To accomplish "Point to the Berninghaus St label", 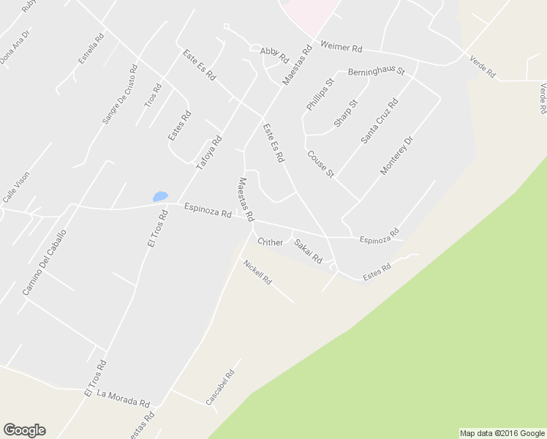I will (376, 72).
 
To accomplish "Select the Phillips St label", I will (320, 94).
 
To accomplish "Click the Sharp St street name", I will (346, 113).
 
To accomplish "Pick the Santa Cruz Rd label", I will (379, 121).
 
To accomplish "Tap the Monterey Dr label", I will (397, 154).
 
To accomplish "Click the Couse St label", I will (320, 164).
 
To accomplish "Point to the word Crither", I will (270, 242).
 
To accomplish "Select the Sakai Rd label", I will (308, 250).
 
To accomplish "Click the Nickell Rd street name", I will (257, 272).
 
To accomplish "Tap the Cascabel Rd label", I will (219, 388).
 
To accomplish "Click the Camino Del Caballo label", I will (44, 263).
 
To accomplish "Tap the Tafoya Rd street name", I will (208, 154).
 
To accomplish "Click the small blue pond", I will (160, 196).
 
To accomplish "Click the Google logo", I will (24, 430).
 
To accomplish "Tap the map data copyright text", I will (502, 433).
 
